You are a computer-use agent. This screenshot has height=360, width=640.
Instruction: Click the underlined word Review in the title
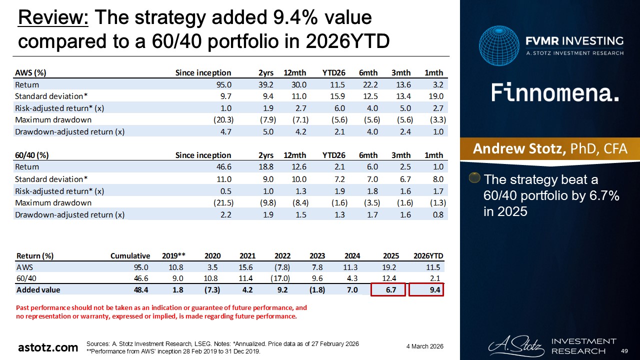click(52, 18)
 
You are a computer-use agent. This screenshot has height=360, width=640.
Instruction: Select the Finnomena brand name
click(554, 93)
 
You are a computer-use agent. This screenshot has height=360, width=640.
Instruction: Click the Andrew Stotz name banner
click(550, 148)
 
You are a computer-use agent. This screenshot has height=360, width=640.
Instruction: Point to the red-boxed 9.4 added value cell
click(426, 290)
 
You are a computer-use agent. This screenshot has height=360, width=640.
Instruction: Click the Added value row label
click(38, 290)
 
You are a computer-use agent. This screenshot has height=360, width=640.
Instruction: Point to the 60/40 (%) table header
click(32, 155)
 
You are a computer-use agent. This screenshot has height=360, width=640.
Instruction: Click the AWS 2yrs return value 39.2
click(266, 84)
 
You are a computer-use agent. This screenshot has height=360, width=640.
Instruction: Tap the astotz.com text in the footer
click(48, 347)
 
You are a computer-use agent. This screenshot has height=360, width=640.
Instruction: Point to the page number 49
click(624, 351)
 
